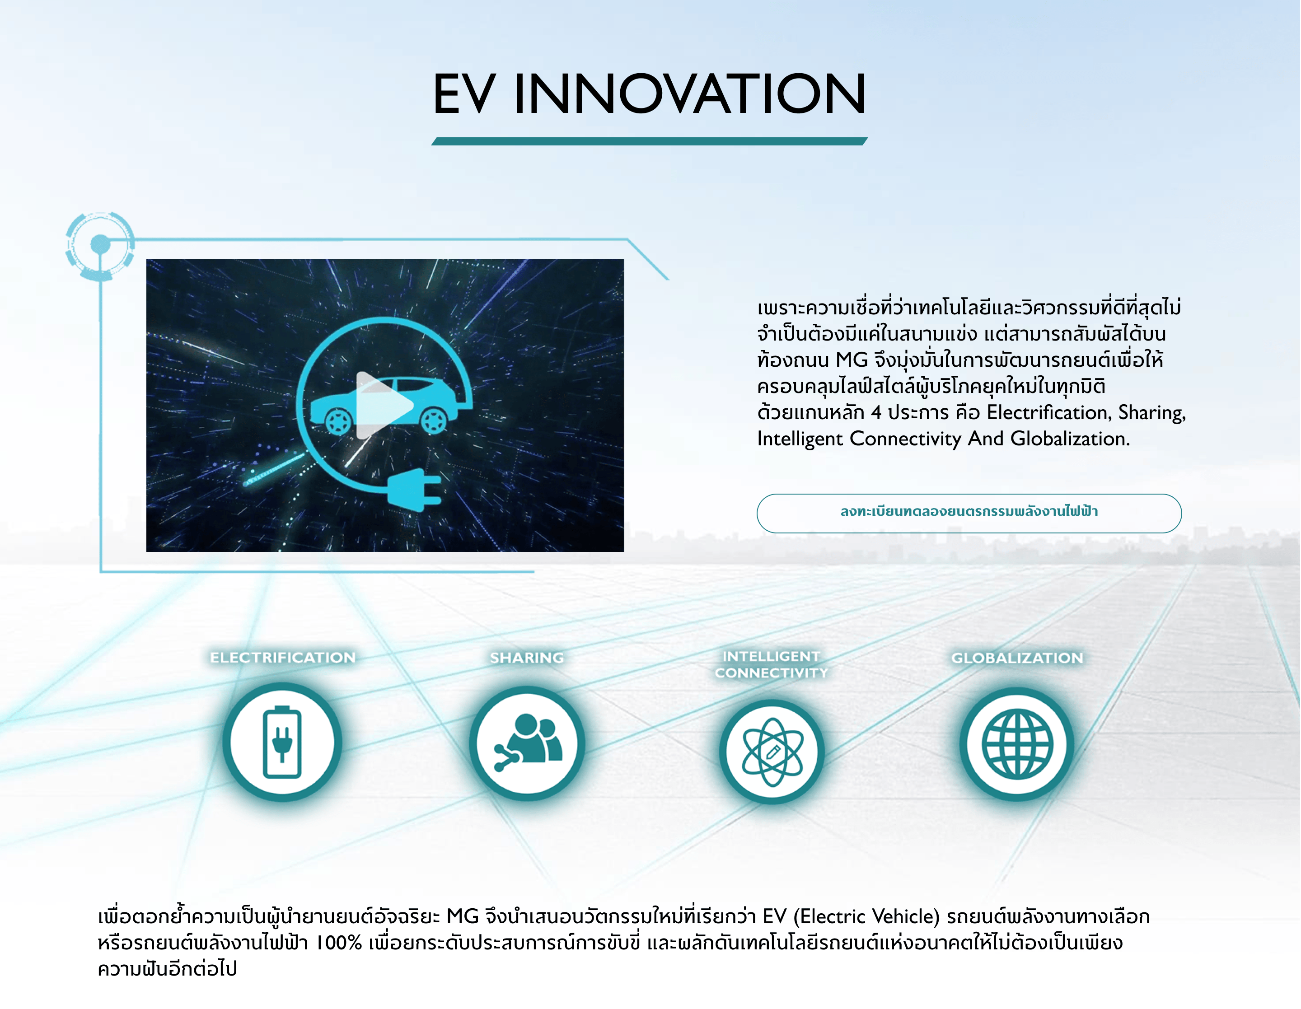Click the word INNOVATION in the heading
coord(690,93)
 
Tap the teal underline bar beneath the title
coord(649,141)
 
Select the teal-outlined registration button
coord(969,513)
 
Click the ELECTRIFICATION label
coord(282,658)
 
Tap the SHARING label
coord(527,658)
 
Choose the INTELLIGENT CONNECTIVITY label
coord(772,664)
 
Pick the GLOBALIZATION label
coord(1017,658)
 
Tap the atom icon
coord(772,752)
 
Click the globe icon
coord(1017,744)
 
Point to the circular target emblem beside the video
coord(100,244)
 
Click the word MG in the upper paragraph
coord(852,360)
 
